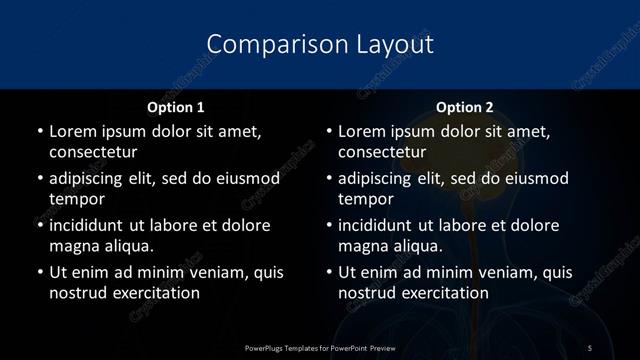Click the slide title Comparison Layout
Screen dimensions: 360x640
(320, 45)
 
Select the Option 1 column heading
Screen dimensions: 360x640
(176, 106)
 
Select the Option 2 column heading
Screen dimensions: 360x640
(465, 106)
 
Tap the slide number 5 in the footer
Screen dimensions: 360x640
(590, 347)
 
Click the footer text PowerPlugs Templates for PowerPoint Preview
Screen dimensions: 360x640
(320, 347)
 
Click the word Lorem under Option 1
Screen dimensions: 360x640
(73, 131)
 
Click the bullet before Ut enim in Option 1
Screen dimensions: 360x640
(39, 272)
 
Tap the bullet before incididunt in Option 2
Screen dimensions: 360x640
(329, 225)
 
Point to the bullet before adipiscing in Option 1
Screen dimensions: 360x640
(39, 179)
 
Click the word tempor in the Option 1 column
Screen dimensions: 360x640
(74, 199)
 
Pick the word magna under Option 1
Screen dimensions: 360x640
(74, 245)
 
